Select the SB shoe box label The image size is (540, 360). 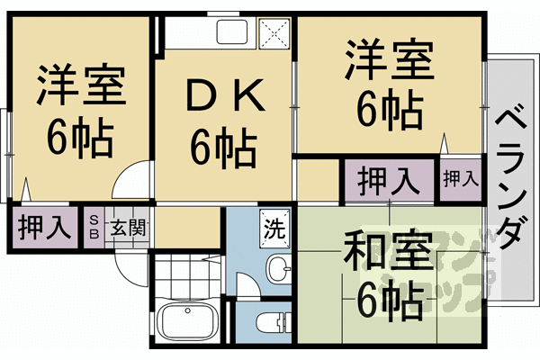click(x=94, y=226)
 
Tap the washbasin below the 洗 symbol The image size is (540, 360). click(x=279, y=266)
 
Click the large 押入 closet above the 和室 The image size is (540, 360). click(x=388, y=180)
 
